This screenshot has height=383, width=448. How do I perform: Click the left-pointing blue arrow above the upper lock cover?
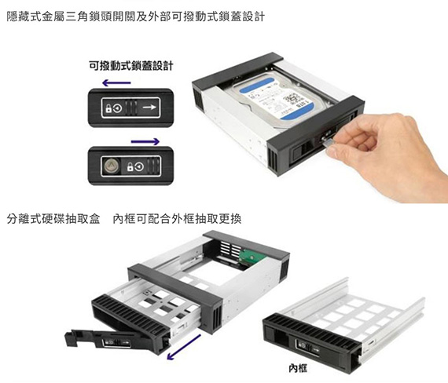[x=116, y=83]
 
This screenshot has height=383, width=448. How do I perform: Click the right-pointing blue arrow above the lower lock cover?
[x=145, y=141]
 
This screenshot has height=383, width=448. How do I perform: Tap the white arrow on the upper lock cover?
[x=149, y=108]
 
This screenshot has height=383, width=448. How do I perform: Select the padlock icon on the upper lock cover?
[x=108, y=108]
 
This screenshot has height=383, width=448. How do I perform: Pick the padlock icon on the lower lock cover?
[x=130, y=166]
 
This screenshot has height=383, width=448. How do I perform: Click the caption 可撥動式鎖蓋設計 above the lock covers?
[x=130, y=66]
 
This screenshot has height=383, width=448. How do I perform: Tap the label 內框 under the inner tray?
[x=298, y=368]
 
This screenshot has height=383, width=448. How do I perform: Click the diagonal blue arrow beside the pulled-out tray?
[x=184, y=347]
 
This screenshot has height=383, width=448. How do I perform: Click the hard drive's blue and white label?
[x=275, y=98]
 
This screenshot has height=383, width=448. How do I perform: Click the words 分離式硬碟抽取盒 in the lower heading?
[x=53, y=219]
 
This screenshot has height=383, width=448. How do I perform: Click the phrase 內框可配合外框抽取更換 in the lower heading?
[x=177, y=219]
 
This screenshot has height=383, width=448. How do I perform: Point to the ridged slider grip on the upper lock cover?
[x=131, y=108]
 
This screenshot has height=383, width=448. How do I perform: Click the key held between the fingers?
[x=327, y=141]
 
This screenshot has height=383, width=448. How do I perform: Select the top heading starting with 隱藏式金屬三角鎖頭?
[x=136, y=16]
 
